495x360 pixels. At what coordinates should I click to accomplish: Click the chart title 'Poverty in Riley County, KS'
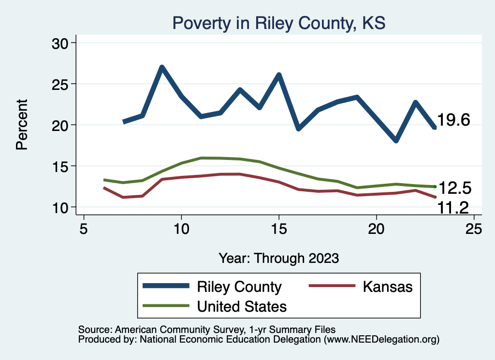279,23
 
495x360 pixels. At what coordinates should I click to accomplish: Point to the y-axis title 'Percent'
22,125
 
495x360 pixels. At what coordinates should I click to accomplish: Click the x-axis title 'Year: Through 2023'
279,258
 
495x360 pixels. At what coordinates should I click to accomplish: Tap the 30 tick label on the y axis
61,43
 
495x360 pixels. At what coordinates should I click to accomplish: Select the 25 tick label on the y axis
61,84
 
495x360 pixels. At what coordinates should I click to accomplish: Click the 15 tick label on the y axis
61,166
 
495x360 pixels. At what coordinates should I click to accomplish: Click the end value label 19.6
454,120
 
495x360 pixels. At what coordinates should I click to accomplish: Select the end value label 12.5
454,187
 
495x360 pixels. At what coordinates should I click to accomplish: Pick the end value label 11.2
454,208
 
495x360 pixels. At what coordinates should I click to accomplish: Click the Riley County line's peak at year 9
162,67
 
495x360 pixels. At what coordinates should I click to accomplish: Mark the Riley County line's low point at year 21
396,141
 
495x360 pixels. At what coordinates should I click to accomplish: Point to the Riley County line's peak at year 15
279,75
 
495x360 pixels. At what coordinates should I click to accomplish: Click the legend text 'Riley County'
239,287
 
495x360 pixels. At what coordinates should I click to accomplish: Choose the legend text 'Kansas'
387,287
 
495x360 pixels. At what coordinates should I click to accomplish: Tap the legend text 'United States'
242,306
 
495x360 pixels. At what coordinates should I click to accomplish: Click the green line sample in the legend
166,306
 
